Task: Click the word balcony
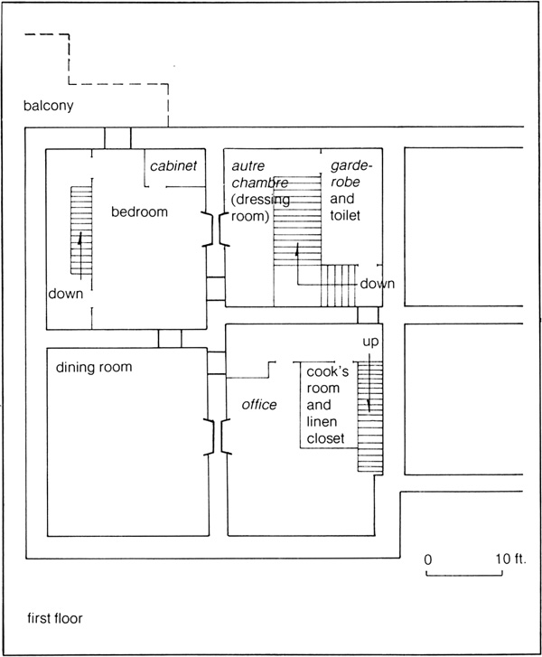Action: click(48, 106)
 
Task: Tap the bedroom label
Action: click(139, 211)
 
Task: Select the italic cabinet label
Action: click(173, 165)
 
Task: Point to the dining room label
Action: click(94, 367)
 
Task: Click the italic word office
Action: click(259, 404)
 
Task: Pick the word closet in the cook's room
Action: click(325, 438)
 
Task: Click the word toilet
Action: click(345, 215)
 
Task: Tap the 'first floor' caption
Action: click(55, 618)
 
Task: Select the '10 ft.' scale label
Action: click(511, 558)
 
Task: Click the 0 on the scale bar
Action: click(427, 559)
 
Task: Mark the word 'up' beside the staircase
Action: click(370, 342)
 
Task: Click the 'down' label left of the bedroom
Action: click(66, 294)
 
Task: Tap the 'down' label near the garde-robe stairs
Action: click(378, 284)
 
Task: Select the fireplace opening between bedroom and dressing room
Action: click(217, 229)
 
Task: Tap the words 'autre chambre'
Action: click(259, 174)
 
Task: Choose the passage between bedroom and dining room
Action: click(170, 339)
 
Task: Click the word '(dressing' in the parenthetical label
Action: click(260, 199)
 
